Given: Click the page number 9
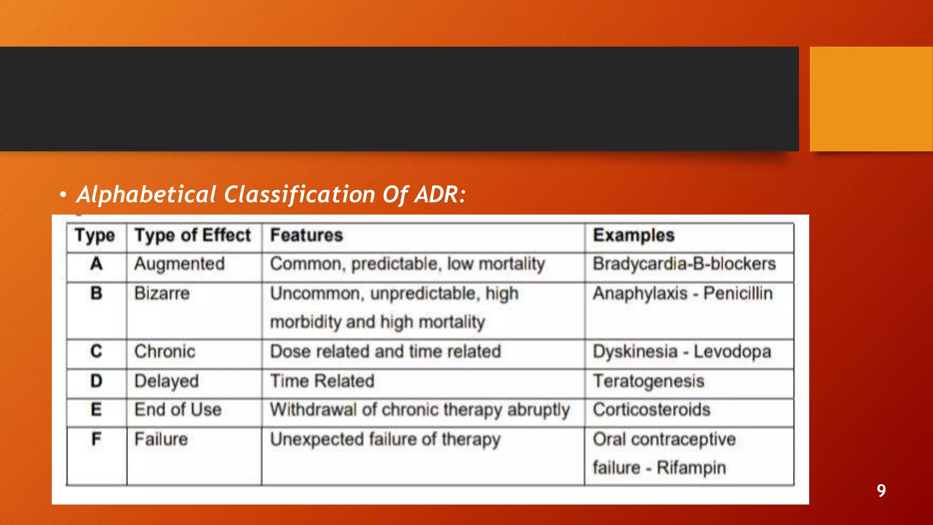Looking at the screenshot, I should pyautogui.click(x=881, y=491).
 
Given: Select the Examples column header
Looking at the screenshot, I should pyautogui.click(x=633, y=236).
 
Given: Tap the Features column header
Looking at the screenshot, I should pyautogui.click(x=306, y=236).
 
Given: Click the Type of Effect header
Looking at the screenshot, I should pyautogui.click(x=192, y=236).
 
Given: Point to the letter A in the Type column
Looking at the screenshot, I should pyautogui.click(x=96, y=264).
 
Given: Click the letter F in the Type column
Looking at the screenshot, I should pyautogui.click(x=96, y=439).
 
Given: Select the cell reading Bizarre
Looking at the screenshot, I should pyautogui.click(x=162, y=293).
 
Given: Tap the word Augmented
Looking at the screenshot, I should pyautogui.click(x=179, y=264).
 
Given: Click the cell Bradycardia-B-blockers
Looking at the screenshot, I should pyautogui.click(x=684, y=264).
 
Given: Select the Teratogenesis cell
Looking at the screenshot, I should pyautogui.click(x=648, y=381).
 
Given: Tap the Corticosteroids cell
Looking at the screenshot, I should pyautogui.click(x=651, y=410).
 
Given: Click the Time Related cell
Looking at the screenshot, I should pyautogui.click(x=322, y=381).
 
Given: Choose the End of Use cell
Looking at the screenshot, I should pyautogui.click(x=178, y=410).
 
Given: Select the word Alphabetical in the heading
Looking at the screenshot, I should pyautogui.click(x=146, y=195).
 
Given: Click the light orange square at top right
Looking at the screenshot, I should pyautogui.click(x=871, y=99).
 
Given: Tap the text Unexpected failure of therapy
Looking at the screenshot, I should pyautogui.click(x=385, y=439).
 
